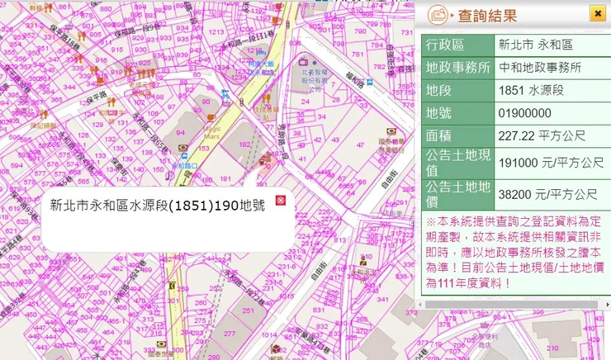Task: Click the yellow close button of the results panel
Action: (597, 13)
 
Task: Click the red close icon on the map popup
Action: (280, 201)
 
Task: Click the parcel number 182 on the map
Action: (244, 144)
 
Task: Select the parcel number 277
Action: (230, 333)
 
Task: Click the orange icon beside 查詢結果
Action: (438, 15)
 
